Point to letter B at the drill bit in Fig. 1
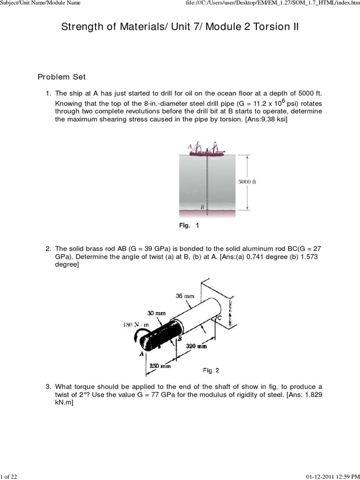[x=202, y=206]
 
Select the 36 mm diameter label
[x=185, y=296]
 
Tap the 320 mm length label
[x=196, y=346]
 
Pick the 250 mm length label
[x=160, y=366]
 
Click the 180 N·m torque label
[x=136, y=324]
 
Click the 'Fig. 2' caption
[x=210, y=370]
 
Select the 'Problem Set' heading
[x=61, y=77]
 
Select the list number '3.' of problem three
[x=48, y=387]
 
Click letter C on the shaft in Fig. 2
[x=218, y=318]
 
